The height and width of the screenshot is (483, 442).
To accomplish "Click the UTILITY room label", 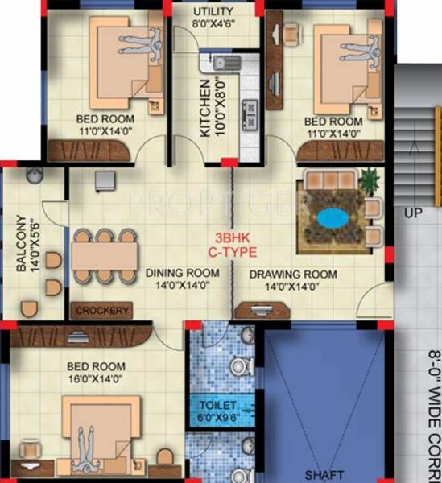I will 213,11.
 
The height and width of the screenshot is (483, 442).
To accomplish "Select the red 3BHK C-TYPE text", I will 232,245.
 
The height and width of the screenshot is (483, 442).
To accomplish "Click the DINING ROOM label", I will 182,273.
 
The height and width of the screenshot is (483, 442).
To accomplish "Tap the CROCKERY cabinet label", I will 102,310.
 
